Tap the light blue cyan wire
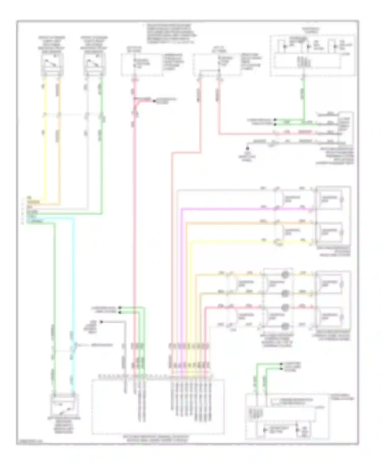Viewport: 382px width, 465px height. (73, 280)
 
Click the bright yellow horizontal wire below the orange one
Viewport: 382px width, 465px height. (229, 241)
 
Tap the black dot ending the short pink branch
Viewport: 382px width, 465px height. (154, 101)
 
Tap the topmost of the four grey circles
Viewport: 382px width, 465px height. (285, 274)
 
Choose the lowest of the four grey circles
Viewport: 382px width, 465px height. (285, 326)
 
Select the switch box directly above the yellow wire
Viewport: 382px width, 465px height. (52, 64)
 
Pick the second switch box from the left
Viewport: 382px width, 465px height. (95, 64)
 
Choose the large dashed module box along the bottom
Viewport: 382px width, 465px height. (158, 407)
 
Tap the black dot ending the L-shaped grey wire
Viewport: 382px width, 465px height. (101, 322)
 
